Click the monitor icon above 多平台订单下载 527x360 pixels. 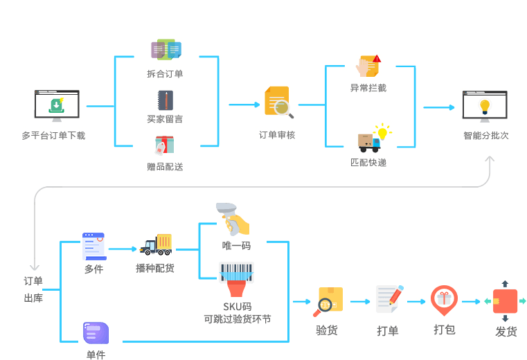pos(57,106)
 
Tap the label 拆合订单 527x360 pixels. pos(165,73)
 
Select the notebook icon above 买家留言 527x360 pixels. pos(165,100)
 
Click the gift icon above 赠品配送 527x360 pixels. pos(165,145)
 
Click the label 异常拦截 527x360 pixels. pos(368,88)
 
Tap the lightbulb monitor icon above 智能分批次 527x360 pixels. pos(485,106)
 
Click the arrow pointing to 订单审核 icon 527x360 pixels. pos(244,105)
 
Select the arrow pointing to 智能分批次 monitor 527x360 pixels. pos(439,107)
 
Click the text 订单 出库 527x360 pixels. pos(33,289)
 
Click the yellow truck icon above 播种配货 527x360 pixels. pos(157,244)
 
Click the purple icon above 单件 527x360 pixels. pos(96,333)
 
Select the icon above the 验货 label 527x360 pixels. pos(328,301)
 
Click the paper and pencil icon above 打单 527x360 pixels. pos(388,299)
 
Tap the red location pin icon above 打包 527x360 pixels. pos(444,300)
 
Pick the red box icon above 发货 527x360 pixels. pos(506,301)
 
